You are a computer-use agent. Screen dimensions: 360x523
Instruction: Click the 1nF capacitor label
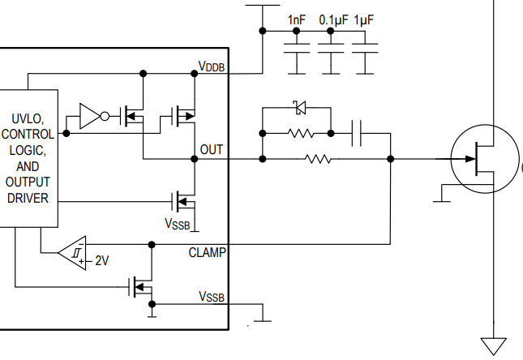click(x=296, y=19)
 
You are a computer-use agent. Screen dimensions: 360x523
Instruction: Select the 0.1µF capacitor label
click(x=332, y=19)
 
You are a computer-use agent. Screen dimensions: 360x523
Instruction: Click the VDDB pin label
click(x=212, y=66)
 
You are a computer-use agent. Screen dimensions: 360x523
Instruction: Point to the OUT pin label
click(x=212, y=150)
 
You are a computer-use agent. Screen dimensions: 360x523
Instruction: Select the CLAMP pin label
click(x=208, y=252)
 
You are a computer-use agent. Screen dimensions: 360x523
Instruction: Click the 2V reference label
click(x=101, y=261)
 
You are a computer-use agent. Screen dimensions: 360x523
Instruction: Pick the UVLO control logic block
click(x=28, y=158)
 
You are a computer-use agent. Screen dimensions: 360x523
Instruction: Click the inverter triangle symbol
click(x=91, y=117)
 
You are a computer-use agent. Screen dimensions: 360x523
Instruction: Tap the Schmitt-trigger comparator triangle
click(x=74, y=253)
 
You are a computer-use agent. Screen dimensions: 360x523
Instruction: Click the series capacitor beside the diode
click(x=358, y=133)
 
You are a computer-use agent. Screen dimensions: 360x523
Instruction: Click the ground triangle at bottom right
click(x=493, y=345)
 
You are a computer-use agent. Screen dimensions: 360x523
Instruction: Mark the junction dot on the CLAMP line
click(x=150, y=243)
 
